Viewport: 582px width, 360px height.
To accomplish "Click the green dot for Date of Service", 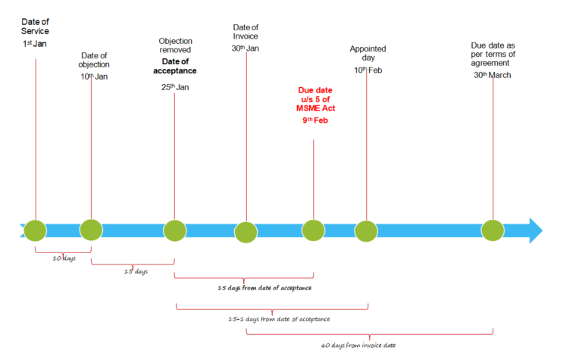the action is click(x=36, y=230).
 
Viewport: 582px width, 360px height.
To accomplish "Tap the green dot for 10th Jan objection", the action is click(x=91, y=230).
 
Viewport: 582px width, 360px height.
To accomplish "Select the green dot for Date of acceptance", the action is click(x=175, y=230).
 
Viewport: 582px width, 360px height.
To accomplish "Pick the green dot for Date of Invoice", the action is click(x=246, y=233).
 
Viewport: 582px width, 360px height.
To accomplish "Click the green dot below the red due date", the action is click(x=313, y=230).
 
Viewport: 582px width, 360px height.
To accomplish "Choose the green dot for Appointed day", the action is click(x=366, y=231).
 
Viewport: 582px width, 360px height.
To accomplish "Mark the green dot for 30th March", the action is click(x=493, y=230).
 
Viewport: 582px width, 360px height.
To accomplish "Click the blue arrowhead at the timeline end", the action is click(x=536, y=230).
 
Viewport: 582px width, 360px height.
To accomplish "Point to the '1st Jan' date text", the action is click(x=35, y=44).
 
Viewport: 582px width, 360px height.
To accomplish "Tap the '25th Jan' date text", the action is click(x=175, y=87).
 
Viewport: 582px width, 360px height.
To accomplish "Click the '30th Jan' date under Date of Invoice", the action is click(x=246, y=49).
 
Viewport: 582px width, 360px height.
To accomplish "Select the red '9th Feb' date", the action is click(x=315, y=121).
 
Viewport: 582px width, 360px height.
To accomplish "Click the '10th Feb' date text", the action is click(x=368, y=70).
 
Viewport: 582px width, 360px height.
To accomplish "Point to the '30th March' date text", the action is click(x=493, y=75).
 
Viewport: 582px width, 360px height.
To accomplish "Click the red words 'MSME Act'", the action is click(x=315, y=108).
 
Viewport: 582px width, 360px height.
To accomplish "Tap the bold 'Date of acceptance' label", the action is click(x=175, y=66).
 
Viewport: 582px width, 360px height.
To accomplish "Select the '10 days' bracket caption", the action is click(x=64, y=258).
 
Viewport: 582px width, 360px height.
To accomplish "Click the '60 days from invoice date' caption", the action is click(x=358, y=346).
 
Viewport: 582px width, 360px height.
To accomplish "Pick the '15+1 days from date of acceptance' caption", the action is click(x=279, y=319).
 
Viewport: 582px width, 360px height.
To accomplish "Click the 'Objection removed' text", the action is click(x=175, y=45).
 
